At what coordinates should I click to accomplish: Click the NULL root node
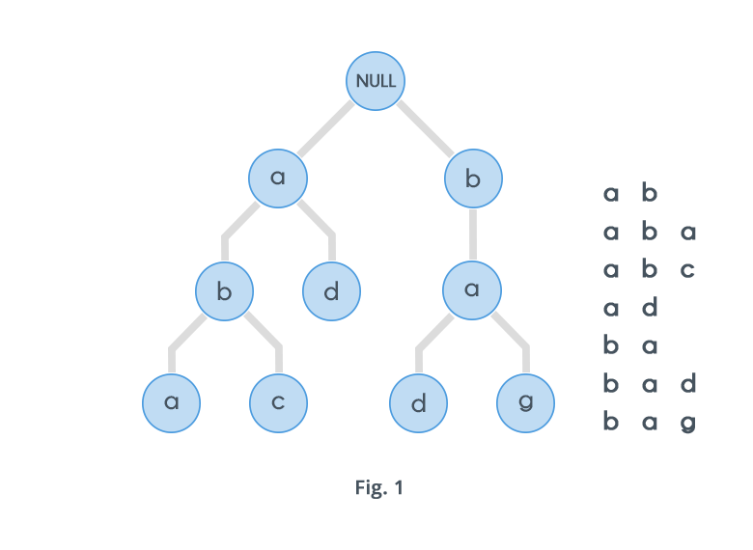click(376, 80)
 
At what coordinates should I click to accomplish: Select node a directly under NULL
click(278, 179)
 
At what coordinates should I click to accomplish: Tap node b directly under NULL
click(473, 179)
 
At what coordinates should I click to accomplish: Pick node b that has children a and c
click(224, 290)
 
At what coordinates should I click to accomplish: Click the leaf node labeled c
click(278, 402)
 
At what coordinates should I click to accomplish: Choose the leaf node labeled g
click(525, 402)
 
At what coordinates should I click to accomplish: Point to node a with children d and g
click(472, 290)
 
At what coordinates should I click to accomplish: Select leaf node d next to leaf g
click(418, 402)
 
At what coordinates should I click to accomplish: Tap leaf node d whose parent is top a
click(331, 290)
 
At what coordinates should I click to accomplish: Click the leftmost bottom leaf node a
click(171, 402)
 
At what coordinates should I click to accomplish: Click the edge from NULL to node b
click(426, 129)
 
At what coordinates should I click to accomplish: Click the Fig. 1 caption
click(378, 487)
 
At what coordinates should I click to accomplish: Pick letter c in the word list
click(687, 269)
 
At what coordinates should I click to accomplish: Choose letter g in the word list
click(687, 423)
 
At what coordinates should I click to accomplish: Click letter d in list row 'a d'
click(650, 308)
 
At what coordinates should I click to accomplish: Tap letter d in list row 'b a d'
click(687, 384)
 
